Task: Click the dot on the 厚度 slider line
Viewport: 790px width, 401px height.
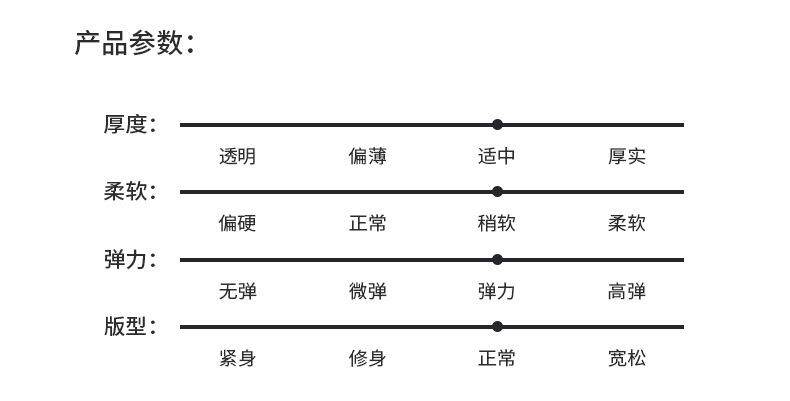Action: tap(497, 124)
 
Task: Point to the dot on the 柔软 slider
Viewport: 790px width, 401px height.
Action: tap(497, 192)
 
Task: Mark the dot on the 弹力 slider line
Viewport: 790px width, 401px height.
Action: tap(497, 260)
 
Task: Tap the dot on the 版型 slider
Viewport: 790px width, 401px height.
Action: tap(497, 327)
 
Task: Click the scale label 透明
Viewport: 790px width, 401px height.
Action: tap(237, 156)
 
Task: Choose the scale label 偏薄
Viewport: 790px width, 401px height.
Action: tap(367, 156)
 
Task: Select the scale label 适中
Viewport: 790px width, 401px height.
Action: tap(497, 156)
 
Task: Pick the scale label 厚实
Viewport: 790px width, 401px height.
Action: tap(627, 156)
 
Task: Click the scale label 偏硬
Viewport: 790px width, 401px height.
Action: tap(237, 223)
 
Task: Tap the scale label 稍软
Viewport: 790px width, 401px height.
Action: tap(497, 223)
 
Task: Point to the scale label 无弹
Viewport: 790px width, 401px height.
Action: tap(237, 291)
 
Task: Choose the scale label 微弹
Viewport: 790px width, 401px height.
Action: tap(367, 291)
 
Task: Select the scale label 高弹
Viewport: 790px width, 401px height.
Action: tap(627, 291)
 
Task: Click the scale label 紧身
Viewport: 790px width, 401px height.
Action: tap(237, 358)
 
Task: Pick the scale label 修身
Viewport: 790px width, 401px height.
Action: tap(367, 358)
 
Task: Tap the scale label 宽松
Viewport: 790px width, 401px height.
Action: tap(627, 358)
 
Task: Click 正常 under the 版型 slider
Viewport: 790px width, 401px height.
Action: tap(497, 358)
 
